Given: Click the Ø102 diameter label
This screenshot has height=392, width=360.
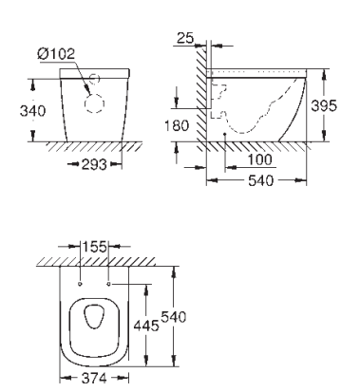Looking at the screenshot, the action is point(56,54).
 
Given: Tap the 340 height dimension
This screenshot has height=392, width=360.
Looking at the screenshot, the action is point(32,111).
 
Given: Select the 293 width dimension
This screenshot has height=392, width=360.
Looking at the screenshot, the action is point(94,164).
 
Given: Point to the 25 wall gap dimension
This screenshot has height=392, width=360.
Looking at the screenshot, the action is point(185,38).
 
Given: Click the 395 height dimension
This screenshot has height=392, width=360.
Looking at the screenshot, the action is point(324,105).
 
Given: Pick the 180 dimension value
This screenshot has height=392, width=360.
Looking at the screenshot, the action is point(177,125).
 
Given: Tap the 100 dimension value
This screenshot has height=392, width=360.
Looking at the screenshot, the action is point(259,159).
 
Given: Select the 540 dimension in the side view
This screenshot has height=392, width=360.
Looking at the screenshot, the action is point(260,181).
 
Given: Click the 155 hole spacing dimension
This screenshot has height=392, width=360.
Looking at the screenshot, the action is point(95,247).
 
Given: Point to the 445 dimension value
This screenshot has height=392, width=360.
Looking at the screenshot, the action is point(146,326).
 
